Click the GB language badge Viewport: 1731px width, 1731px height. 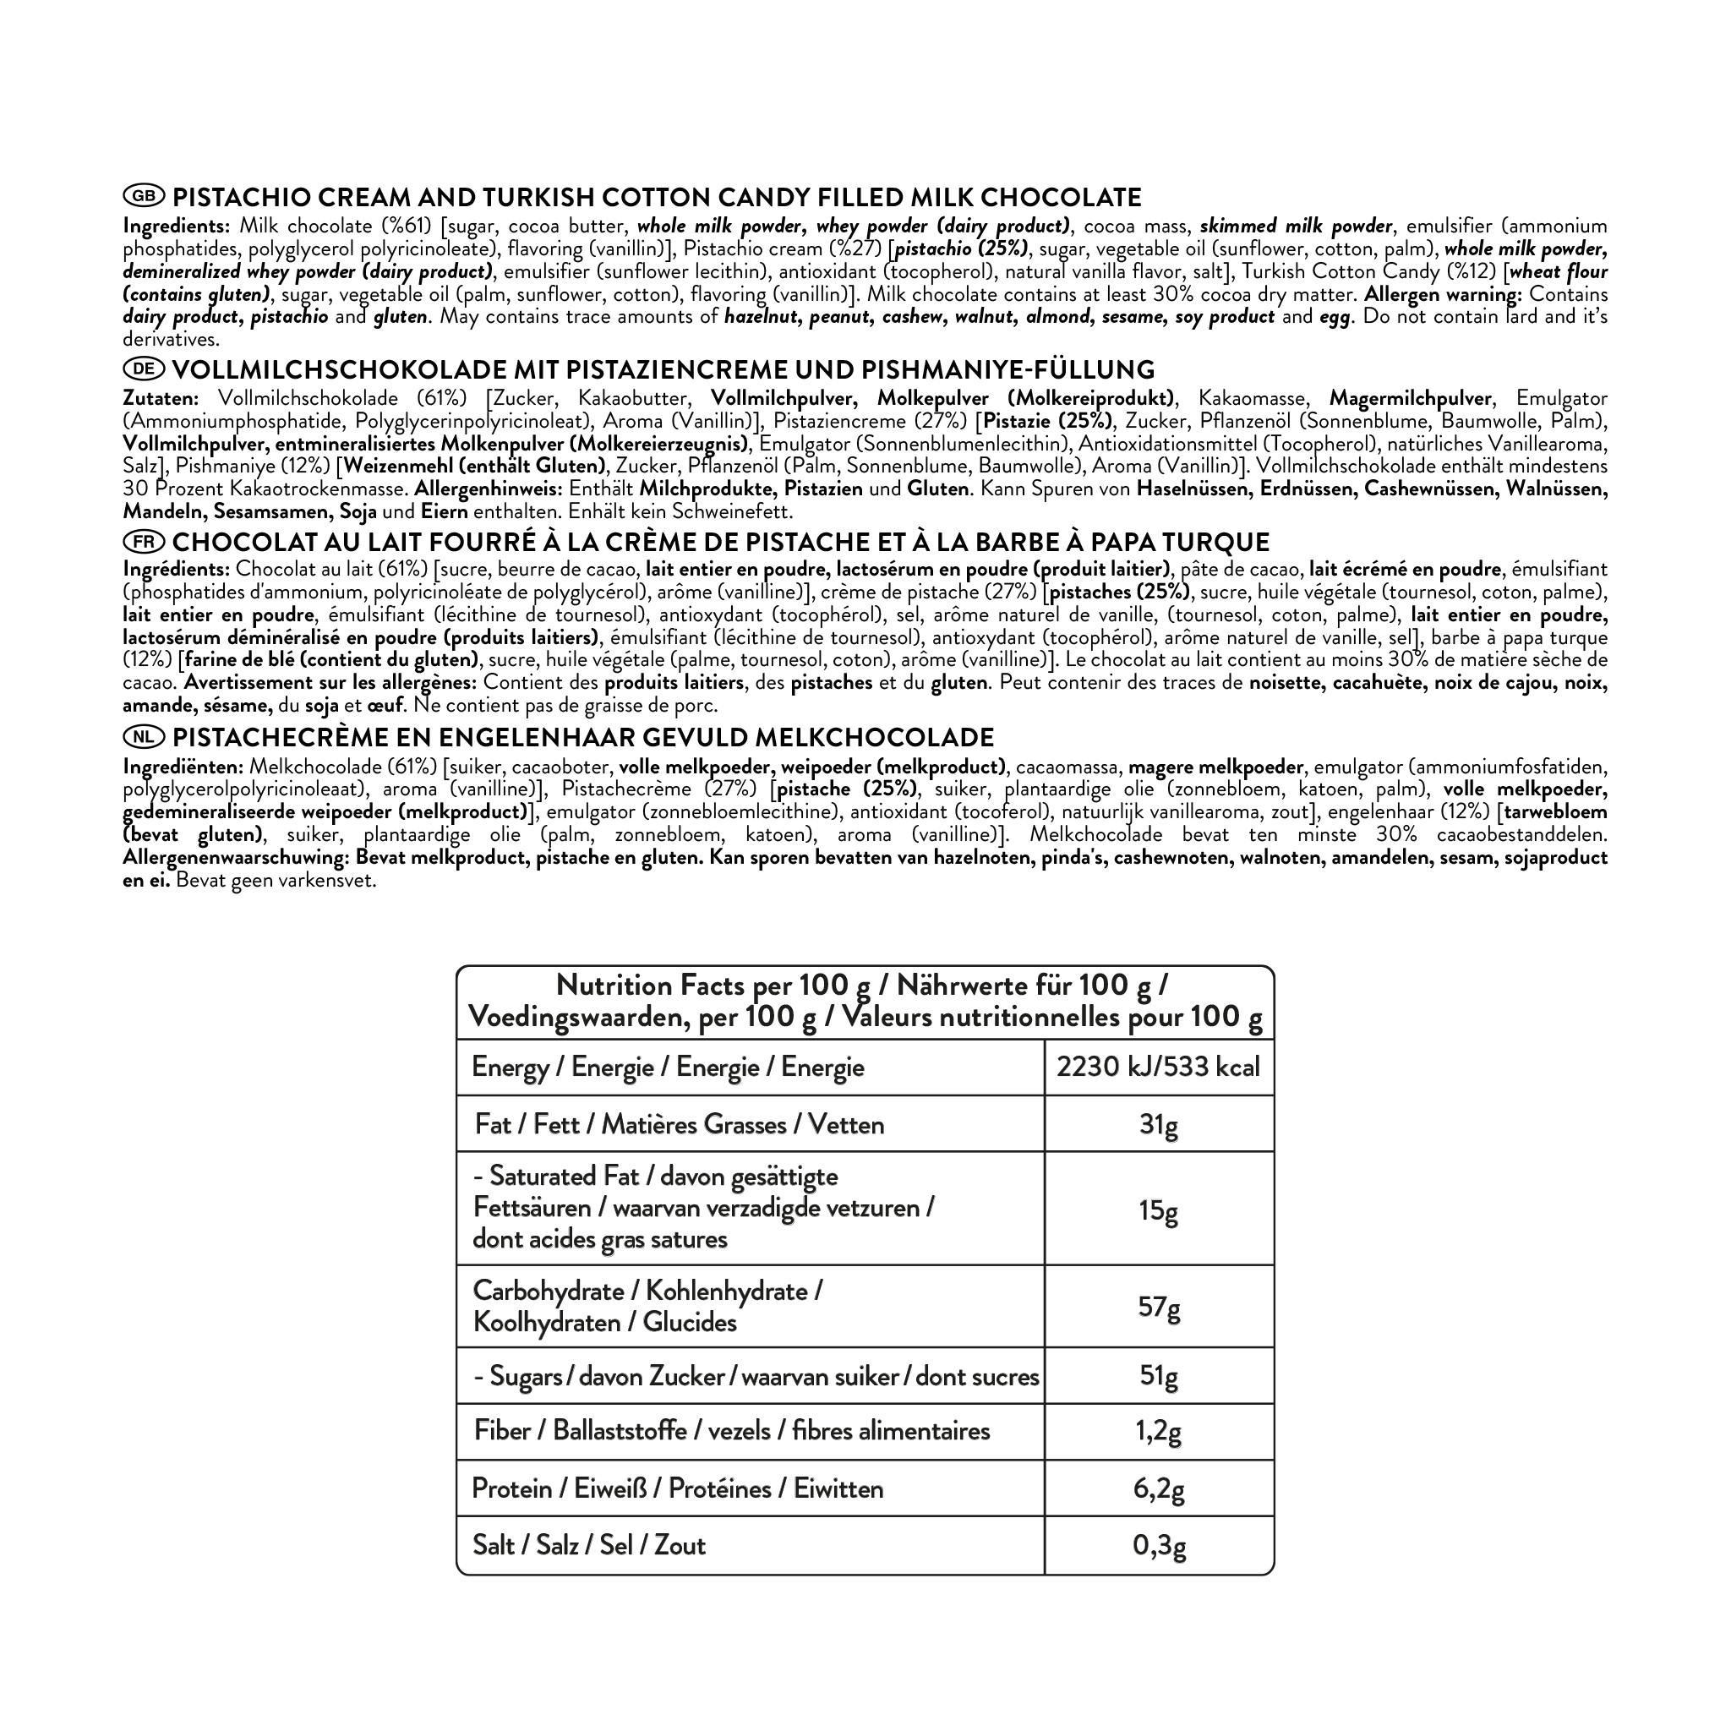pos(144,196)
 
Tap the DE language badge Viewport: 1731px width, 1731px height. pos(144,369)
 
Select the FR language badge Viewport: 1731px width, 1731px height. pos(144,541)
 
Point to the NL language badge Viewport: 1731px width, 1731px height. pos(144,736)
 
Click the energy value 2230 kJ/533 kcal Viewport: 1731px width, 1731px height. pos(1159,1068)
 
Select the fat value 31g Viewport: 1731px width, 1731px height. pos(1159,1124)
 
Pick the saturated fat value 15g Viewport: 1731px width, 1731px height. pos(1159,1211)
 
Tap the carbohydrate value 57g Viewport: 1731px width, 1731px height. pos(1159,1308)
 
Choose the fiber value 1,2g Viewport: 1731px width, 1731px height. pos(1159,1431)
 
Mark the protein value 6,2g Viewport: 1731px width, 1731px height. pos(1159,1489)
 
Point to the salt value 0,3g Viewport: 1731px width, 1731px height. pos(1159,1546)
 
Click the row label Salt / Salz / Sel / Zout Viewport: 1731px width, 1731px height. pos(588,1546)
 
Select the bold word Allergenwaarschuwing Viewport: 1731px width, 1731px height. pos(237,857)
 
